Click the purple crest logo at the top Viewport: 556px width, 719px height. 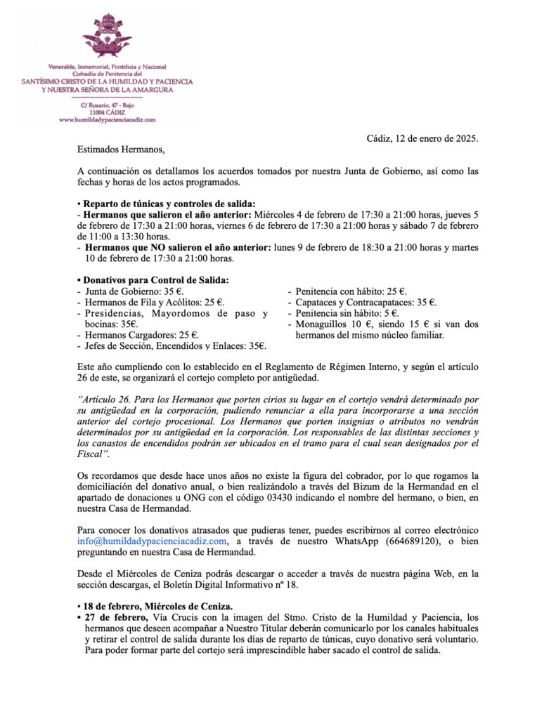point(107,37)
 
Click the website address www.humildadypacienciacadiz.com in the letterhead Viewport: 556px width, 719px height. point(107,120)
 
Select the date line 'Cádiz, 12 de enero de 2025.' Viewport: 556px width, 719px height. point(422,139)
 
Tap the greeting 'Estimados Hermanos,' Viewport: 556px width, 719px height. point(120,150)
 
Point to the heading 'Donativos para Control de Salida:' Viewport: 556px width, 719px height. point(155,280)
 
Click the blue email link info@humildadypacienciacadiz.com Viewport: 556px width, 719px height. point(153,541)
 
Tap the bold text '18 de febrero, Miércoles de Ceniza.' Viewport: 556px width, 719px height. point(161,606)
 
